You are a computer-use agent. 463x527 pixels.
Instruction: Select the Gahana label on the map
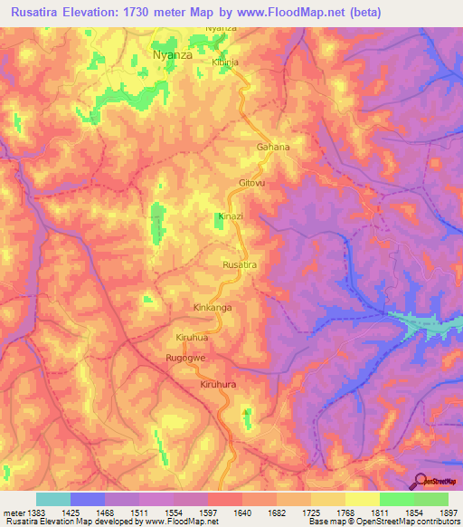click(x=273, y=147)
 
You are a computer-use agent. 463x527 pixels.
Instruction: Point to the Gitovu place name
click(x=252, y=183)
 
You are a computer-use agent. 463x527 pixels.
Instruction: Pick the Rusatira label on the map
click(x=241, y=263)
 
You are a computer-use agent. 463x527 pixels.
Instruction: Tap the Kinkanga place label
click(x=213, y=308)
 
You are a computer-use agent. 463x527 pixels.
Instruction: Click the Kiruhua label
click(x=193, y=338)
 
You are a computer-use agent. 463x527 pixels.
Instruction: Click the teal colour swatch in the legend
click(x=53, y=499)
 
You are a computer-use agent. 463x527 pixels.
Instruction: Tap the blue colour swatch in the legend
click(x=88, y=499)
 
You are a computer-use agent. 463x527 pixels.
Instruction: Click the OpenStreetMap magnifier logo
click(x=420, y=480)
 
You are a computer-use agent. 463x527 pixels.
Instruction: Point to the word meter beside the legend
click(x=13, y=512)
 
